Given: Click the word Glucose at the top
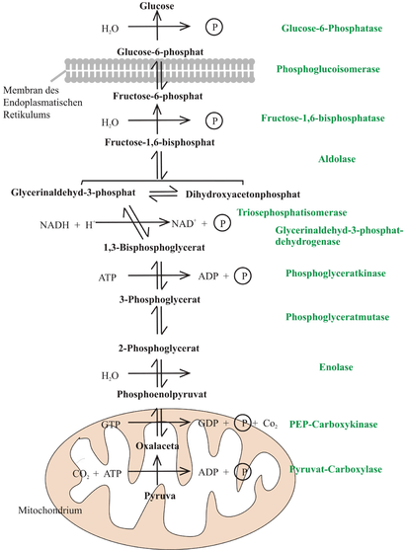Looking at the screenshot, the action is pos(156,6).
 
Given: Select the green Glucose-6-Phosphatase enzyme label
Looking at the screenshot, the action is pos(332,28).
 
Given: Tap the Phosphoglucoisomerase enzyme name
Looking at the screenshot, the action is pos(328,69).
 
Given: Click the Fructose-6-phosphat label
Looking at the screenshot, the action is pos(157,96).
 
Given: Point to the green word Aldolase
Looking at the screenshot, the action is pos(337,159).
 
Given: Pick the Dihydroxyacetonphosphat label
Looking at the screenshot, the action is pos(243,195).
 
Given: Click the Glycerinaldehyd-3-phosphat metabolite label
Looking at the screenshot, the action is pos(73,193).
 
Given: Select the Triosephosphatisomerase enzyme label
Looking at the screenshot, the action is pos(291,213).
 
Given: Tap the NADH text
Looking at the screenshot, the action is pos(54,225).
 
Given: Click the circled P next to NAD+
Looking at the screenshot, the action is pos(222,223).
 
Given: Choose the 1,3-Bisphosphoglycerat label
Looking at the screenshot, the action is pos(154,248).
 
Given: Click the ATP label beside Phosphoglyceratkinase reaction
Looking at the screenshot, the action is pos(108,277).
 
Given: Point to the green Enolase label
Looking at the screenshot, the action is pos(336,367).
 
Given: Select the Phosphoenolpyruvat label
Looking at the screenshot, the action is pos(162,394).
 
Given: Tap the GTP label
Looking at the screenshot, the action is pos(111,425).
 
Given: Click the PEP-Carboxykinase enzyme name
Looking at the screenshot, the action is pos(333,425).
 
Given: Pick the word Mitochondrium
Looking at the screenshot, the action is pos(50,511).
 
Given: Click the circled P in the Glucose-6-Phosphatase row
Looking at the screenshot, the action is pos(214,27).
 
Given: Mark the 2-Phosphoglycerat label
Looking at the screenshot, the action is pos(159,349).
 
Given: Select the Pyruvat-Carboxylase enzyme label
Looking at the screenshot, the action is pos(336,470).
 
